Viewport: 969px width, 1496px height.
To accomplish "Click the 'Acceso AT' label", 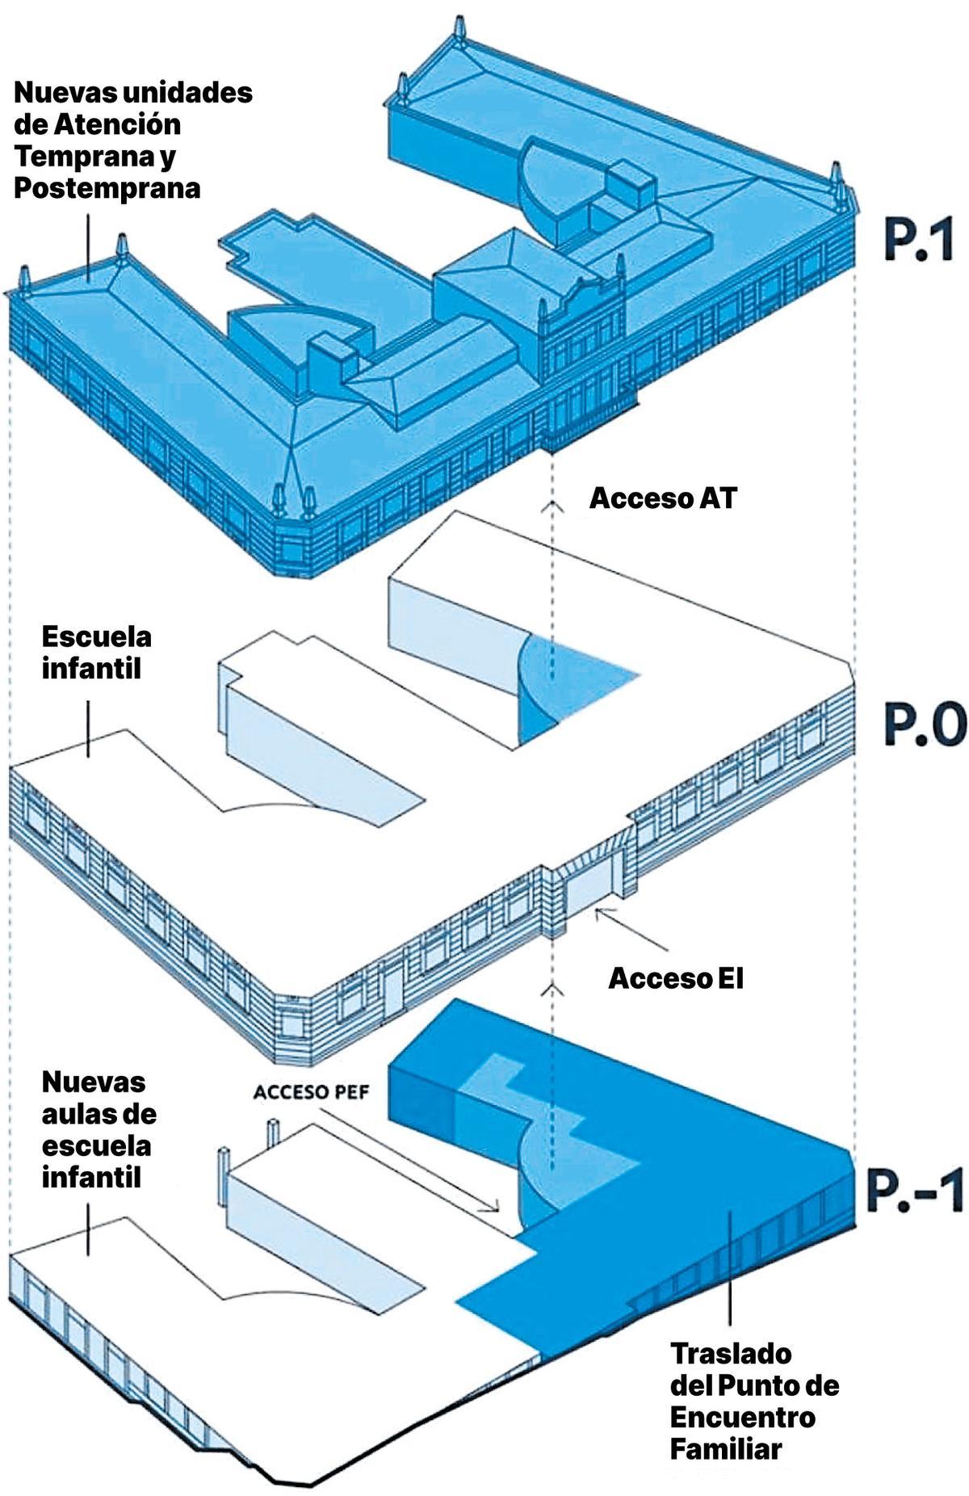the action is coord(663,498).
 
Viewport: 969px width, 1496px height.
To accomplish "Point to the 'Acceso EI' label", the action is coord(676,978).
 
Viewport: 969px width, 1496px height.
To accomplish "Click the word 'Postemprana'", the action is coord(107,189).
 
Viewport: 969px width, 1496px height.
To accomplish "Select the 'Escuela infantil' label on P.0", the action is coord(97,652).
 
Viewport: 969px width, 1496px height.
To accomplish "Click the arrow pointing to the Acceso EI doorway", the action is coord(632,929).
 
